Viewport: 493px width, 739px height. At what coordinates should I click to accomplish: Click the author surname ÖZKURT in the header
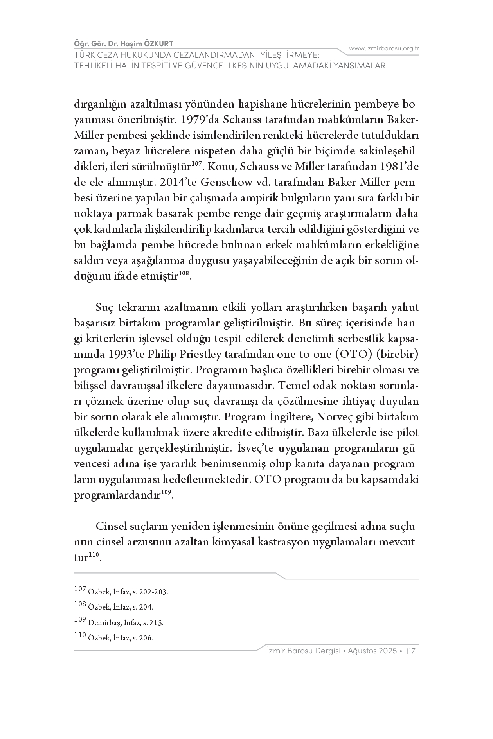[x=158, y=43]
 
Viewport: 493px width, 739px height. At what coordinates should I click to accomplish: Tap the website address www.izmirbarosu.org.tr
[x=383, y=48]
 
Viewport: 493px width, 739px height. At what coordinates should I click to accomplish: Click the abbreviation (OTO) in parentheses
[x=354, y=354]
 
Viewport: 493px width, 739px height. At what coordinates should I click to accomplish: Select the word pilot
[x=407, y=432]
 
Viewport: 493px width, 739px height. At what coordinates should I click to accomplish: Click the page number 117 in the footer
[x=410, y=651]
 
